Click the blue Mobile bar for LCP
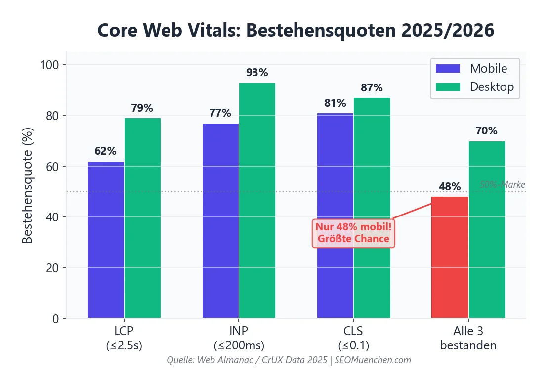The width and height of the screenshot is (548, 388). [106, 240]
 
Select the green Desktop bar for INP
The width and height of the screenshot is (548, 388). [257, 200]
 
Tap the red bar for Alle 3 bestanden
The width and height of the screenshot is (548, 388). [450, 257]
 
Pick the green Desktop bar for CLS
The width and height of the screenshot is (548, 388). [372, 208]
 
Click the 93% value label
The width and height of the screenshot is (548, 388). [257, 73]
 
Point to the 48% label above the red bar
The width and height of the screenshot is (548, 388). [450, 187]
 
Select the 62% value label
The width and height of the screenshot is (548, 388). [105, 151]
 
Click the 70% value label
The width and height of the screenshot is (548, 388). [486, 131]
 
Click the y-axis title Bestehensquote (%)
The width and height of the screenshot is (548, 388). [28, 185]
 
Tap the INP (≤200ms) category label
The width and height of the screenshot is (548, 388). [239, 338]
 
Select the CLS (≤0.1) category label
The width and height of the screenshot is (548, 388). [354, 338]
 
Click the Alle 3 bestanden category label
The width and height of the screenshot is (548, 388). [468, 338]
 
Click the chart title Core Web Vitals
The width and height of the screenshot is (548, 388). [295, 30]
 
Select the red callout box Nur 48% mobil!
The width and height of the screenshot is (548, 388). [353, 233]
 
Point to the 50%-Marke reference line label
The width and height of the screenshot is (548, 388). [502, 185]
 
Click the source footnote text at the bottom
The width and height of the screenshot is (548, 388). [289, 360]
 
